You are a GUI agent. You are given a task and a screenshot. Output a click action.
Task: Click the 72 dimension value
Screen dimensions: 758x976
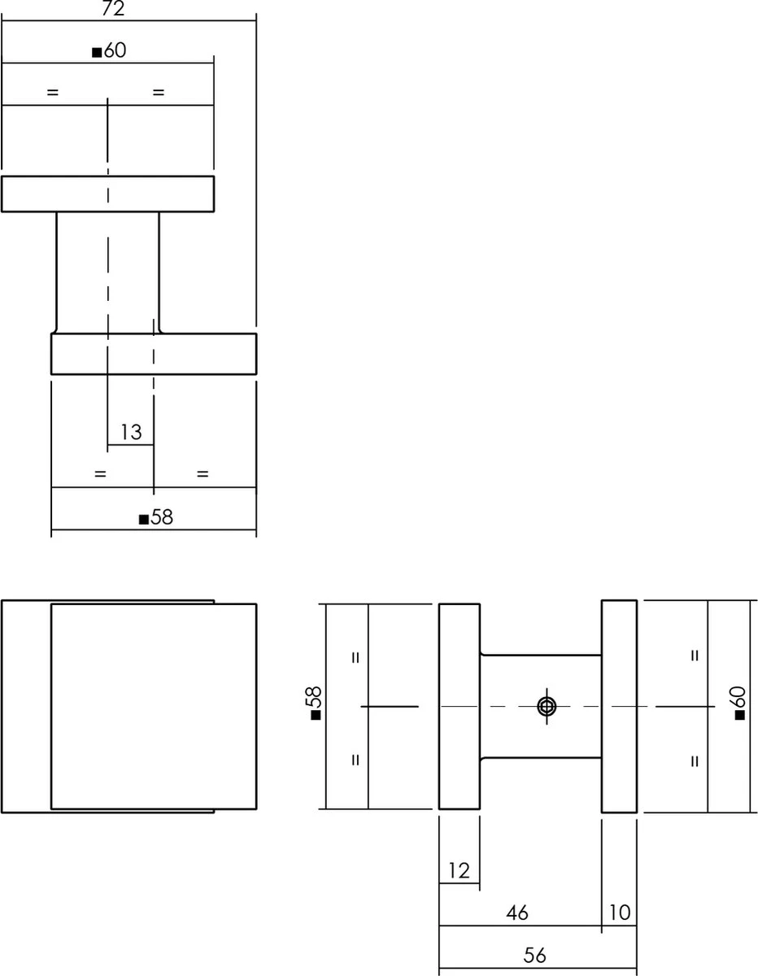(113, 8)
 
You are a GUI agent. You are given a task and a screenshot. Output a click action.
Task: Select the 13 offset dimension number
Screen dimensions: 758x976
(131, 432)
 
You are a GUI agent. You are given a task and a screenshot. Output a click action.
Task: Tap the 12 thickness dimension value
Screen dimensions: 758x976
(459, 871)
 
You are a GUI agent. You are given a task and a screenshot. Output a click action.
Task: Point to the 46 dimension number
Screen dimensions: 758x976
(517, 913)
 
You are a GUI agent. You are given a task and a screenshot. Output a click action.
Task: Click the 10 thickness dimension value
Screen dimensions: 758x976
(620, 913)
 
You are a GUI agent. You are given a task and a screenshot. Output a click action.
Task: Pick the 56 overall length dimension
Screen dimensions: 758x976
(535, 956)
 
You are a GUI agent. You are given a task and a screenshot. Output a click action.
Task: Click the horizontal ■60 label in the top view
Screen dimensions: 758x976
(109, 50)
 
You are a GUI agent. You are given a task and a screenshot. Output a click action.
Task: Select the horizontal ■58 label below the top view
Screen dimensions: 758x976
(156, 517)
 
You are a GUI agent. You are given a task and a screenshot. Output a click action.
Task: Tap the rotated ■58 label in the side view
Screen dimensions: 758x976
(316, 703)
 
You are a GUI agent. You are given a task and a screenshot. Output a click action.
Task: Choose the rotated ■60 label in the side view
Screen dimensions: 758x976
(739, 703)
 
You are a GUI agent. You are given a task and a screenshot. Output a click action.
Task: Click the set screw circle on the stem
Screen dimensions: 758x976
(547, 707)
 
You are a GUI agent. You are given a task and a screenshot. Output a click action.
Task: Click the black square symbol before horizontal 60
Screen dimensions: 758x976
(97, 53)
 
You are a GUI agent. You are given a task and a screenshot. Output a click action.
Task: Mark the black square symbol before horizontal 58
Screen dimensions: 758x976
(144, 520)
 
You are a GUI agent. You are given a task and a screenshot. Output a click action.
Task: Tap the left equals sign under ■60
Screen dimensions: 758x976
(53, 92)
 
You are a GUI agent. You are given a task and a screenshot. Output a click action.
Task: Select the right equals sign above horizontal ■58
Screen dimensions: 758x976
(203, 474)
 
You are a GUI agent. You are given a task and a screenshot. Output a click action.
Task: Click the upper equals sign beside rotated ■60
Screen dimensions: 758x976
(695, 656)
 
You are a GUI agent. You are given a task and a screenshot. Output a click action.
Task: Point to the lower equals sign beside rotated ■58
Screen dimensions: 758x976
(355, 760)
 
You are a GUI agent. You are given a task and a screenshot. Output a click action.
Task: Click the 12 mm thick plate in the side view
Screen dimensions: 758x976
(460, 707)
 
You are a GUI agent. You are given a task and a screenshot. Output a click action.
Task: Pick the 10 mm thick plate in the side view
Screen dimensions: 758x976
(619, 707)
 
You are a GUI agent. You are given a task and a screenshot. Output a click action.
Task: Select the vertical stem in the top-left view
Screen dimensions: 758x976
(108, 272)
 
